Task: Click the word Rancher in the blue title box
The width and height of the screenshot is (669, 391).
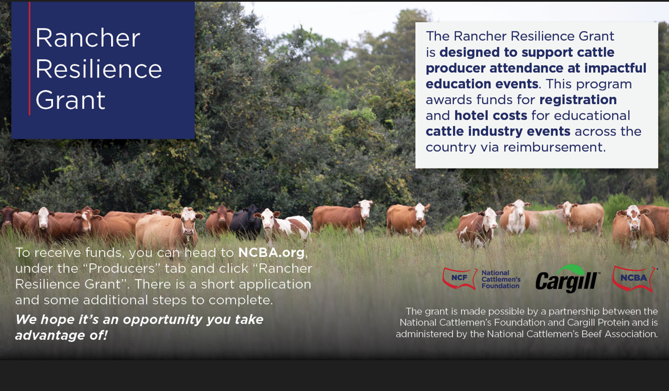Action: point(87,38)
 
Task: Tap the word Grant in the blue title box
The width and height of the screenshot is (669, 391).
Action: point(71,100)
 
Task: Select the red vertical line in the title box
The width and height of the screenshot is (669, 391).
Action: point(30,59)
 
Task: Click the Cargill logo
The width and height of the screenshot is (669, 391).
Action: point(568,279)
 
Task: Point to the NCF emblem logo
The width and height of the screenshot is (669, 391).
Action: point(459,278)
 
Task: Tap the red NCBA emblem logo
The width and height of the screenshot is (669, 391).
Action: point(634,278)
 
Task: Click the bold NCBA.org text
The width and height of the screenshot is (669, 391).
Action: point(271,253)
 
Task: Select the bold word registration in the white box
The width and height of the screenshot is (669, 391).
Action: point(578,100)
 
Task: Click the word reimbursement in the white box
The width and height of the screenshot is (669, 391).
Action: point(553,147)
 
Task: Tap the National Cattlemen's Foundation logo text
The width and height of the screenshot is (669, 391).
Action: point(501,279)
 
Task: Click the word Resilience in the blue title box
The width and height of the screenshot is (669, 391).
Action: point(99,69)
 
